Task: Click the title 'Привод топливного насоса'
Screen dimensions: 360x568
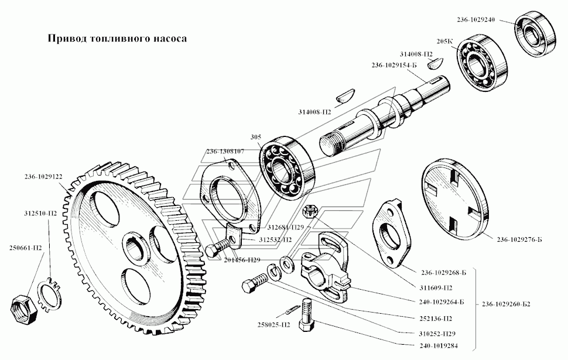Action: [x=117, y=39]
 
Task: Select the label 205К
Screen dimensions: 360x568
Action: [x=444, y=42]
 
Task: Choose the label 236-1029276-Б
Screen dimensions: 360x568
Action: [x=519, y=239]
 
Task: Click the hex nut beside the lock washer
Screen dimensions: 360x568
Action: [x=25, y=306]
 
